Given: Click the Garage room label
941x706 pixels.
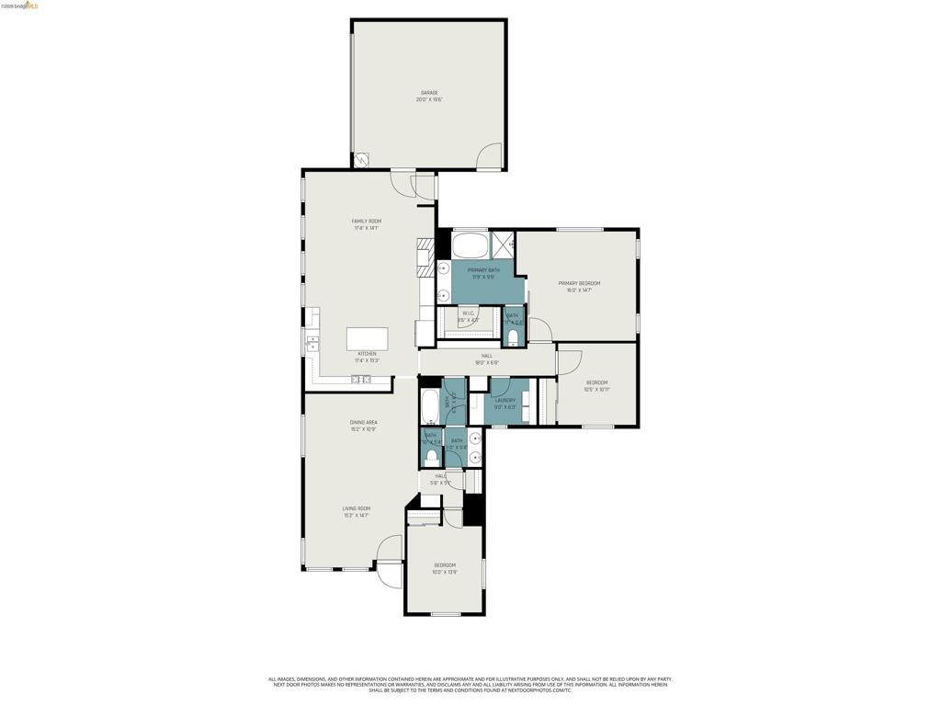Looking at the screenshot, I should click(429, 96).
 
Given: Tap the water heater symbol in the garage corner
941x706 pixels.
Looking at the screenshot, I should click(362, 160).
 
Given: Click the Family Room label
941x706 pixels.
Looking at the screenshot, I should click(366, 224).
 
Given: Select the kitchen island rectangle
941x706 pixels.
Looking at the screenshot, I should click(367, 338).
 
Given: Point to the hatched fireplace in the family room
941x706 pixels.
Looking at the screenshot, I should click(425, 257).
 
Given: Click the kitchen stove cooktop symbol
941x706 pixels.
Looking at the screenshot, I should click(361, 379).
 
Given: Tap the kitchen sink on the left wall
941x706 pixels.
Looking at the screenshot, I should click(312, 345).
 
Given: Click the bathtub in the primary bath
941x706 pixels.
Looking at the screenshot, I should click(470, 245).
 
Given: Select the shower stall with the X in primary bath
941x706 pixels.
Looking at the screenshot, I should click(503, 245).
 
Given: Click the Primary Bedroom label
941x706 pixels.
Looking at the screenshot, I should click(579, 286).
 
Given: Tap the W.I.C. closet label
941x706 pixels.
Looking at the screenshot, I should click(468, 316).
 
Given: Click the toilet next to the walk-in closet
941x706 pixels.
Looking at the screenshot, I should click(513, 337).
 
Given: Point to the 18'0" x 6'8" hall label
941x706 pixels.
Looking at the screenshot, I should click(486, 359).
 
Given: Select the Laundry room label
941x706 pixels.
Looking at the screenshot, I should click(505, 403).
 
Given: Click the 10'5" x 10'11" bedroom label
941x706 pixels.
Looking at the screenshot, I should click(596, 385).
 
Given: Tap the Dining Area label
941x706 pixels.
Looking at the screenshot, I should click(363, 426).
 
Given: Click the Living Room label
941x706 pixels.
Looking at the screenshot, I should click(357, 511).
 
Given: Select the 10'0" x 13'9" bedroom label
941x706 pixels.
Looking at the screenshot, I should click(445, 568).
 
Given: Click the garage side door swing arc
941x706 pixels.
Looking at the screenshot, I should click(489, 155).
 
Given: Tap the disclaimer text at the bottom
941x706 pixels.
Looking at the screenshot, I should click(470, 684).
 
